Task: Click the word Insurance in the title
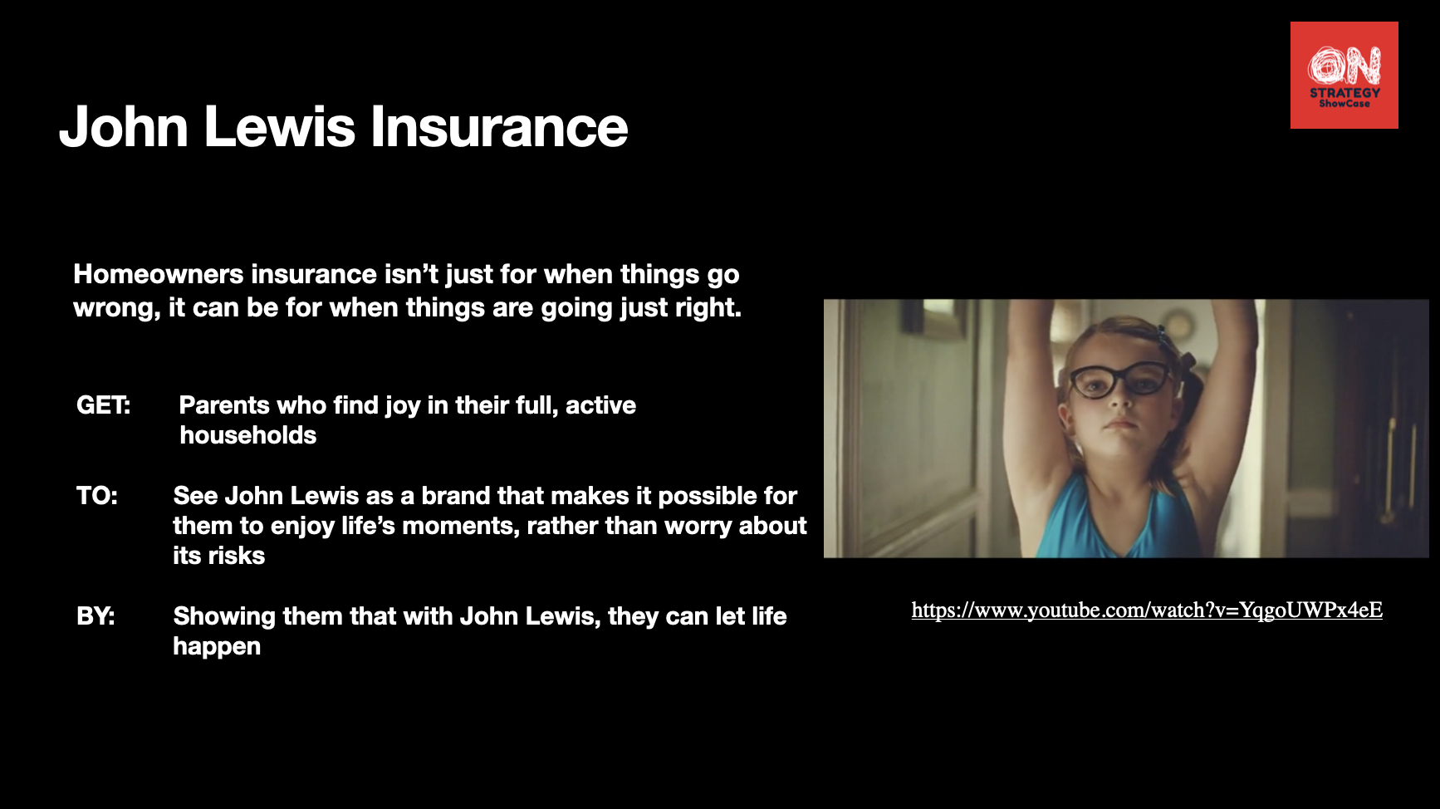coord(498,127)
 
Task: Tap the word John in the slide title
coord(124,127)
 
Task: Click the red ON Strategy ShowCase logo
coord(1344,76)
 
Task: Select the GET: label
coord(103,405)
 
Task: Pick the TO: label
coord(97,496)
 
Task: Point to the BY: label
coord(96,616)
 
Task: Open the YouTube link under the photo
coord(1147,610)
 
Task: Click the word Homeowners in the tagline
coord(159,274)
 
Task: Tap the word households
coord(248,435)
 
